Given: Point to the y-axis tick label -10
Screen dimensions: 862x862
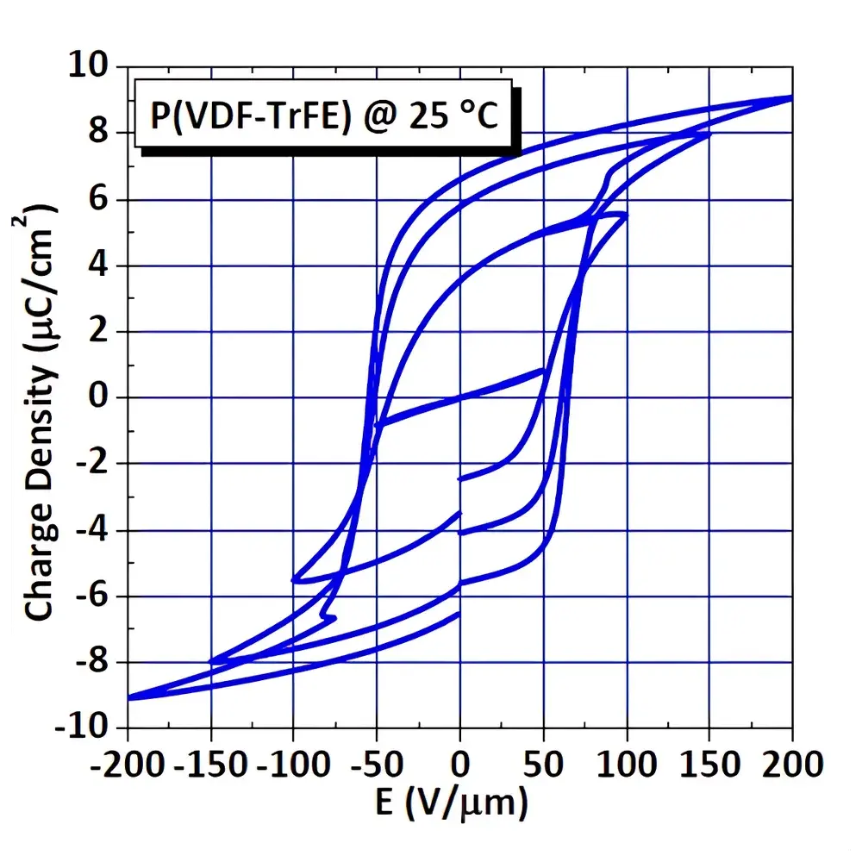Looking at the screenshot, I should coord(84,728).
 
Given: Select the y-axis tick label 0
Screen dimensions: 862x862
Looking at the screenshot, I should coord(102,397).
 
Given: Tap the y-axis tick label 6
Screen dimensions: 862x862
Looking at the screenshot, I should coord(102,199).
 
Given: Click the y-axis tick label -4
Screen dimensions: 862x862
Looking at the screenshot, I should coord(93,530).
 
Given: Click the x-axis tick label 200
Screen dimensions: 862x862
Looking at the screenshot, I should coord(792,763).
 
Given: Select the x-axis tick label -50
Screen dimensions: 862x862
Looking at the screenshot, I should coord(377,763).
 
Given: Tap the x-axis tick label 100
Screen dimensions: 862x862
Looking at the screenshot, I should coord(626,763).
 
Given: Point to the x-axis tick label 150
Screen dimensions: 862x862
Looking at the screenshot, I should coord(709,763).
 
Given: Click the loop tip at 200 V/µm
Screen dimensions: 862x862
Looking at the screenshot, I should coord(790,98).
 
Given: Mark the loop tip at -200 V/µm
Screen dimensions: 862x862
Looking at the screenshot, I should coord(129,697).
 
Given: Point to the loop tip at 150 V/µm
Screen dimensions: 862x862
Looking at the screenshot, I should coord(709,134).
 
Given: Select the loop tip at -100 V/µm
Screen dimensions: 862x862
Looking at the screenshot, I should coord(295,579).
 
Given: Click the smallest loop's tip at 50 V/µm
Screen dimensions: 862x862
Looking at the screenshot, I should coord(543,371).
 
